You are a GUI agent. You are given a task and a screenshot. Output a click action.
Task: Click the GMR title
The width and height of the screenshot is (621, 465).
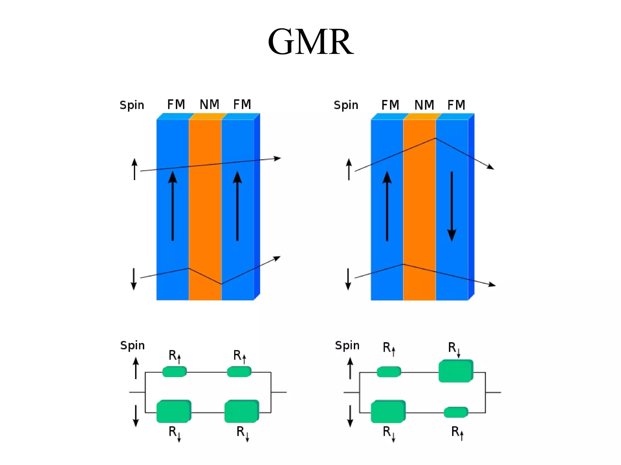[310, 42]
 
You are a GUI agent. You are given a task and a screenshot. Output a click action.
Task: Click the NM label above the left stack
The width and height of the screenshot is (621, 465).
[209, 105]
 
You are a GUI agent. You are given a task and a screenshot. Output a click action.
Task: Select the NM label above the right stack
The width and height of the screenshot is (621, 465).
[424, 105]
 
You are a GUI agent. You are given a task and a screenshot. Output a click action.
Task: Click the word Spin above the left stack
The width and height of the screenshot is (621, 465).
[132, 105]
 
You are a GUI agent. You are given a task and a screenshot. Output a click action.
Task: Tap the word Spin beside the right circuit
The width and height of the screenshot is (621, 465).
[347, 345]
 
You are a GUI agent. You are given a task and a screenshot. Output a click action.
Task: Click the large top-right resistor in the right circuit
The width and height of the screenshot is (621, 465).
[456, 371]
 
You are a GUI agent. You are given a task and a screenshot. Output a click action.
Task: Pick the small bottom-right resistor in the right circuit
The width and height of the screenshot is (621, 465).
[456, 412]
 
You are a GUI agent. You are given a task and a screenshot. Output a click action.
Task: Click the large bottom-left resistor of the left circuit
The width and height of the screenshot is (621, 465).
[173, 411]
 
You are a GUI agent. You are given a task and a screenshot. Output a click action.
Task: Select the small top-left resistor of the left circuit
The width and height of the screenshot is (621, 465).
[174, 371]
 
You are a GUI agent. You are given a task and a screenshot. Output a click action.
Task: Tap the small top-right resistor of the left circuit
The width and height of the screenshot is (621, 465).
[239, 371]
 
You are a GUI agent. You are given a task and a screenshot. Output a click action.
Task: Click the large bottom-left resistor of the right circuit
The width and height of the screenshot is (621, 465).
[388, 411]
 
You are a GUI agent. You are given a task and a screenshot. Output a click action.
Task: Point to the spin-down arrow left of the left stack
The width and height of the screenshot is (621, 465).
[134, 279]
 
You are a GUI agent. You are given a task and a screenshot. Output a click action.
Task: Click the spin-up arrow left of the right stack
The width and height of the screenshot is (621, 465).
[349, 169]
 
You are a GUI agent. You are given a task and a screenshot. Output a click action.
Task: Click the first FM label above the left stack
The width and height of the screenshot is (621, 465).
[176, 105]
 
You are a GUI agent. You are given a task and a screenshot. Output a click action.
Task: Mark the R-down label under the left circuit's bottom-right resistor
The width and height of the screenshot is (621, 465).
[243, 433]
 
